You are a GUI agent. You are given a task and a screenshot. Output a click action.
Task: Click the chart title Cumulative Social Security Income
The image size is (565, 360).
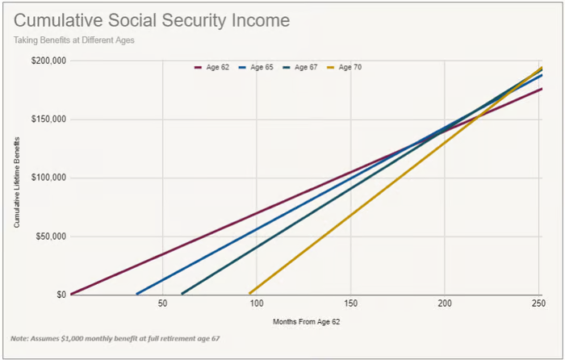[x=152, y=19]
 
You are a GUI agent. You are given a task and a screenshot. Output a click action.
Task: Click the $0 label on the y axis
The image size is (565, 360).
[x=61, y=295]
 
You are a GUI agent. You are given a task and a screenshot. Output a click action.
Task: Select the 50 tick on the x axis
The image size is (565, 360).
[x=162, y=303]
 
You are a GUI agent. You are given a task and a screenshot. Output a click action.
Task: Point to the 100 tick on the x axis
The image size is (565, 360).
[x=256, y=303]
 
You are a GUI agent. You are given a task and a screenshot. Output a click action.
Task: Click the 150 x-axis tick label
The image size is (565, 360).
[x=349, y=303]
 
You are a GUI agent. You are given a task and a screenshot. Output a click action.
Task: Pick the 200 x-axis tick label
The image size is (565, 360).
[x=443, y=303]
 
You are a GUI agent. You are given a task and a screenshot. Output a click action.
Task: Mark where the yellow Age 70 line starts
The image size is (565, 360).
[x=250, y=293]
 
